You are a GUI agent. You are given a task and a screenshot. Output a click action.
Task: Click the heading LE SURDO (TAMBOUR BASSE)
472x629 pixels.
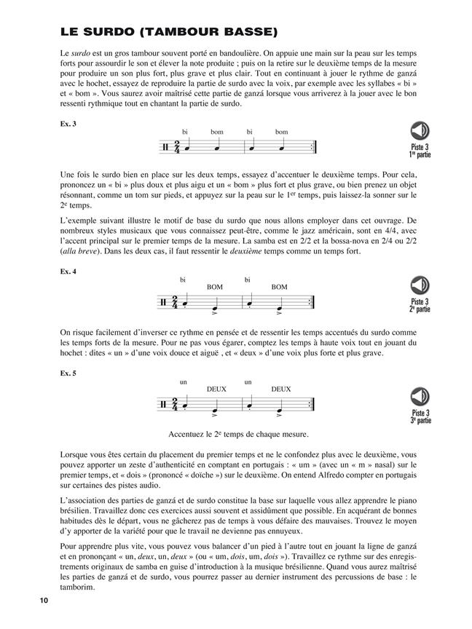coord(170,32)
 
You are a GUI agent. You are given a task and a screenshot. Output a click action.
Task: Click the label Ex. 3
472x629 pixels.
coord(69,124)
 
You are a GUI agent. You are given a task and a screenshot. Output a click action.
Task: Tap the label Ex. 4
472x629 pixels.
coord(69,271)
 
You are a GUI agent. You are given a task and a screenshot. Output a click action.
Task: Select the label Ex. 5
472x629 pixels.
coord(69,373)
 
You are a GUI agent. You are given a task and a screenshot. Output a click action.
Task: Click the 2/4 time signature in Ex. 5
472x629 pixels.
coord(173,404)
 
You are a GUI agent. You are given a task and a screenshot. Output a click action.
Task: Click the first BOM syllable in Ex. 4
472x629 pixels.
coord(215,287)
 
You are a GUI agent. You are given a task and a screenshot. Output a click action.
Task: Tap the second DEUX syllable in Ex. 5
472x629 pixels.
coord(280,389)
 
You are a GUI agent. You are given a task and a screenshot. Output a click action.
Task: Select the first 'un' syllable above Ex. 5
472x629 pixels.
coord(184,381)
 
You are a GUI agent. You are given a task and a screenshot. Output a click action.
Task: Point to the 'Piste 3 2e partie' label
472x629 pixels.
coord(420,306)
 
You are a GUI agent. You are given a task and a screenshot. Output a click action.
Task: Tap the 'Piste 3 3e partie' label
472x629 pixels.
coord(420,418)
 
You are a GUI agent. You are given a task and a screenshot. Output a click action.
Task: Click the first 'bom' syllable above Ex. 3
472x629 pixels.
coord(216,132)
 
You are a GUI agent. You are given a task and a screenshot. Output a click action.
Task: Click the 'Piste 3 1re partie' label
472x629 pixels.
coord(420,151)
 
